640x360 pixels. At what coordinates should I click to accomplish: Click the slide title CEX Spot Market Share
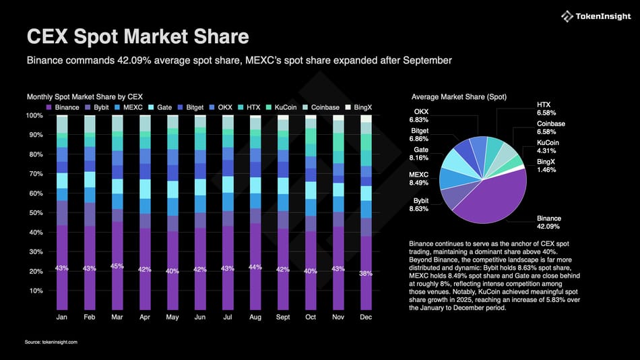coord(137,36)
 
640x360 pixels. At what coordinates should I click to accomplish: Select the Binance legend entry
coord(63,107)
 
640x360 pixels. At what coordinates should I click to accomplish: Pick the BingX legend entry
coord(361,107)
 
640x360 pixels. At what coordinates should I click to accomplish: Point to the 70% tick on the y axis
coord(36,174)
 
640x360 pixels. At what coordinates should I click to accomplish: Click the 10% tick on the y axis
coord(36,291)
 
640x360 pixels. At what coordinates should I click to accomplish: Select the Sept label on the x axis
coord(283,316)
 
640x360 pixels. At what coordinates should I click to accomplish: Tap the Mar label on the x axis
coord(117,316)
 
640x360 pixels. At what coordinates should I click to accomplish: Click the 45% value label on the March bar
coord(117,266)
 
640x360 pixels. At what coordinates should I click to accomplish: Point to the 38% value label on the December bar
coord(366,274)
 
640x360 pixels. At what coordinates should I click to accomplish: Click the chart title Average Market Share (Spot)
coord(459,97)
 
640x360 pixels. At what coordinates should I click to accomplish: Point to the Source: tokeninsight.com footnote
coord(52,342)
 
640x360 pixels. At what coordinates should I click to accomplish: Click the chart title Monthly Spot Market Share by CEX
coord(85,97)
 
